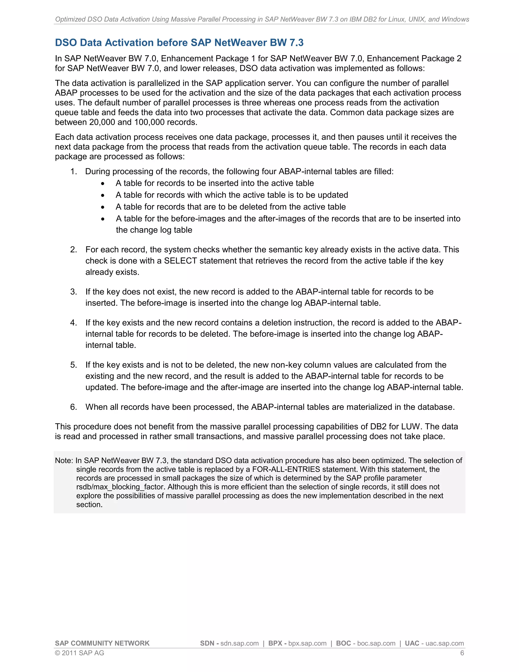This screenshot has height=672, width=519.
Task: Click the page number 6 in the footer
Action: (462, 653)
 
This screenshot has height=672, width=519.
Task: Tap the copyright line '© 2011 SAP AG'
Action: (79, 653)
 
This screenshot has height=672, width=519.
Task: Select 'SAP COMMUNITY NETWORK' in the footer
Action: (102, 643)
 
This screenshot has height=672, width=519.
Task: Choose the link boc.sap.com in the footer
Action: (376, 643)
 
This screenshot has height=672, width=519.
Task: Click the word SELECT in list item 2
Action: (180, 261)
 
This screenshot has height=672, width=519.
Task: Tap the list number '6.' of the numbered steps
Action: (73, 407)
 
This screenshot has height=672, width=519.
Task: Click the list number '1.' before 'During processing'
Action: (73, 171)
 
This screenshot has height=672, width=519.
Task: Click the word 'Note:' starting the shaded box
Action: (64, 460)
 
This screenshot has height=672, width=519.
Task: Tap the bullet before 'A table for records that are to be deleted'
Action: (103, 207)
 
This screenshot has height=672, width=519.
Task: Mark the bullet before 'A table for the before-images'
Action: (103, 219)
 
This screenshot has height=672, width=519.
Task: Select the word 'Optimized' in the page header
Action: (70, 19)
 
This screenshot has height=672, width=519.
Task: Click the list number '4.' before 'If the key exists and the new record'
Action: (73, 323)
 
